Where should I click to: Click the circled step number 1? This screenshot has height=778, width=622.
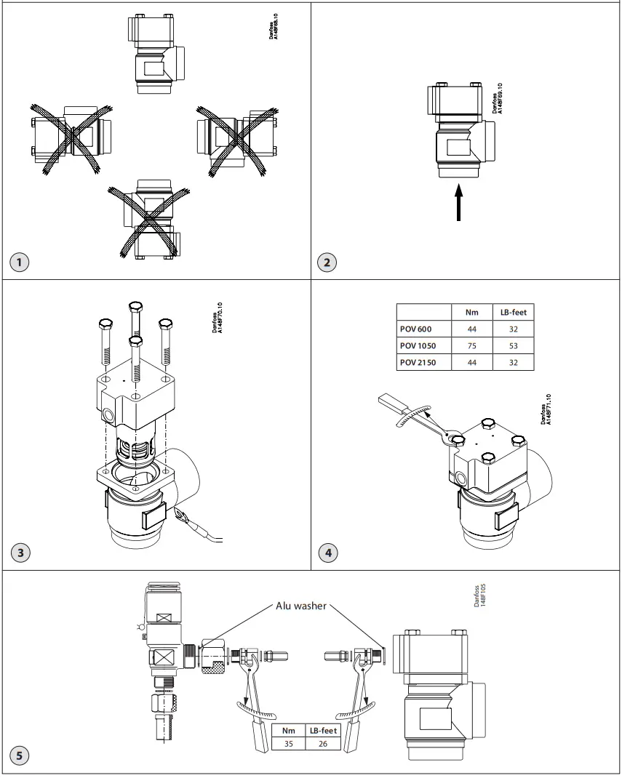click(x=20, y=262)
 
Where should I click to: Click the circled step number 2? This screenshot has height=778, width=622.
click(x=327, y=262)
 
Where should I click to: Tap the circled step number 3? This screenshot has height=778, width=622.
click(x=20, y=553)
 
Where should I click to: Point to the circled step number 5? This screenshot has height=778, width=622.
click(x=20, y=755)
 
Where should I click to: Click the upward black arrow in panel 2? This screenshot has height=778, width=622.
click(x=458, y=203)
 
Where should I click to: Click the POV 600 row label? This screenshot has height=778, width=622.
click(x=415, y=329)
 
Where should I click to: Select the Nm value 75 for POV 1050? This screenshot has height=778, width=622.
click(x=471, y=346)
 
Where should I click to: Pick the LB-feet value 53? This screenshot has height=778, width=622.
click(x=514, y=346)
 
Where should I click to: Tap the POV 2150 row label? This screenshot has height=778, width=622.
click(x=418, y=362)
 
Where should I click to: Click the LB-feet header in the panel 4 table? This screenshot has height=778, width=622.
click(x=514, y=312)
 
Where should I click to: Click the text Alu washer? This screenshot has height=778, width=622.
click(x=301, y=605)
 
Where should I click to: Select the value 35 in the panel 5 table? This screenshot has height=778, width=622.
click(x=288, y=743)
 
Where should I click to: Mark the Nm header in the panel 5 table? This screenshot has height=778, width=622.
click(x=288, y=730)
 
